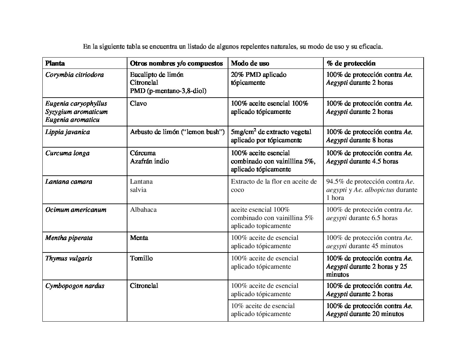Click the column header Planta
click(55, 63)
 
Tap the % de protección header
click(351, 63)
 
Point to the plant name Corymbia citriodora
click(74, 74)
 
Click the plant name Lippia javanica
click(68, 132)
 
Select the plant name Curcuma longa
click(67, 153)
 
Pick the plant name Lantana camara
click(69, 182)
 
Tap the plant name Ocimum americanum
click(76, 210)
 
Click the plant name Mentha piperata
click(69, 238)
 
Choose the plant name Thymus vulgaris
click(69, 258)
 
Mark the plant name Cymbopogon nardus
click(75, 286)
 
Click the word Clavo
click(138, 104)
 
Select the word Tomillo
click(141, 258)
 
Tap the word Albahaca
click(143, 210)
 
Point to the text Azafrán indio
click(149, 161)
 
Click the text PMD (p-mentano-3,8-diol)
click(168, 91)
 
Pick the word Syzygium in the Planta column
click(58, 112)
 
